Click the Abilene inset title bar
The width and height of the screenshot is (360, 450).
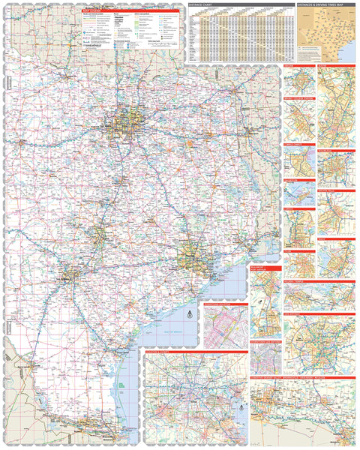298,67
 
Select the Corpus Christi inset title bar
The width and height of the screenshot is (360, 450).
298,142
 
